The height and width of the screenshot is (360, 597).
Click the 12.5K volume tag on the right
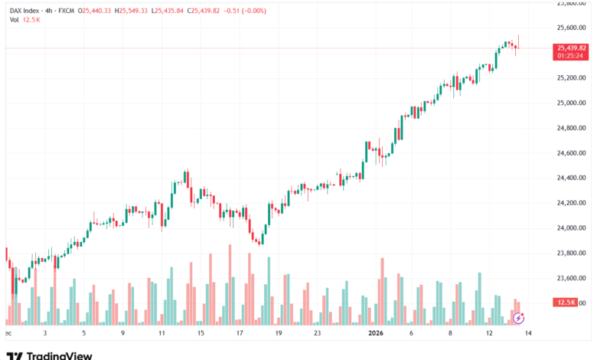(567, 303)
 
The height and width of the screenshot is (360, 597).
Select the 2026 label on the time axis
(375, 333)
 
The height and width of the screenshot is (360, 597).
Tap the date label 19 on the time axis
(279, 333)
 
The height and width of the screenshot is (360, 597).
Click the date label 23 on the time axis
(317, 333)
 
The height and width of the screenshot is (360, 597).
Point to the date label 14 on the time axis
(528, 333)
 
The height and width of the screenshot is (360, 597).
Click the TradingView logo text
(59, 355)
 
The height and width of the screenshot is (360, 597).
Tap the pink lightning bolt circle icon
(518, 318)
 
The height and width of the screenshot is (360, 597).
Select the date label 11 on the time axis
(161, 333)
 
